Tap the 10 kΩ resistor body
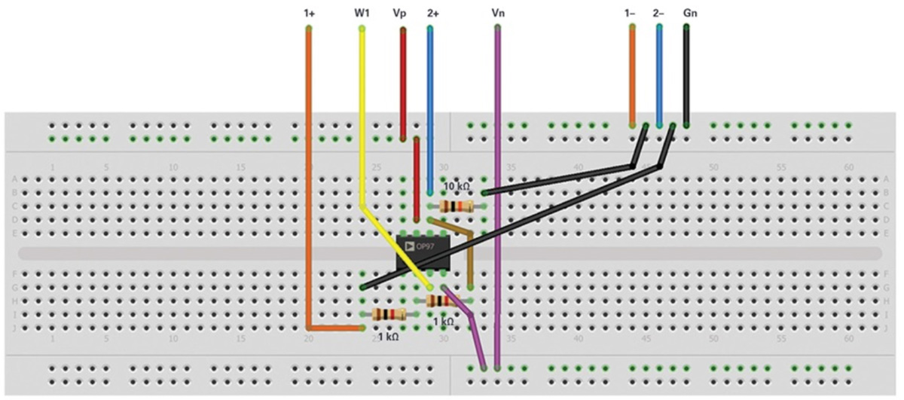tap(456, 206)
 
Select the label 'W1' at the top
tap(362, 14)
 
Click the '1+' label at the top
tap(309, 14)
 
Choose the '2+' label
tap(432, 14)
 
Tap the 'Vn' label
tap(497, 14)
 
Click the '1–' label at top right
tap(631, 14)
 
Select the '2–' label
tap(658, 14)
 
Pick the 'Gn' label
tap(689, 14)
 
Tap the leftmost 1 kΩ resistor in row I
tap(389, 313)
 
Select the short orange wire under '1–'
tap(631, 75)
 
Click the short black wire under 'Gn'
tap(686, 75)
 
